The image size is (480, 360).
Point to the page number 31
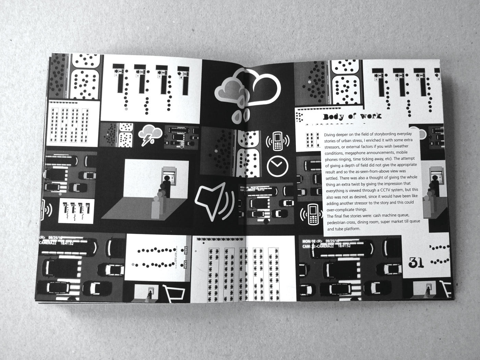[416, 263]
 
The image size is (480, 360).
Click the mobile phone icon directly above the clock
[277, 141]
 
